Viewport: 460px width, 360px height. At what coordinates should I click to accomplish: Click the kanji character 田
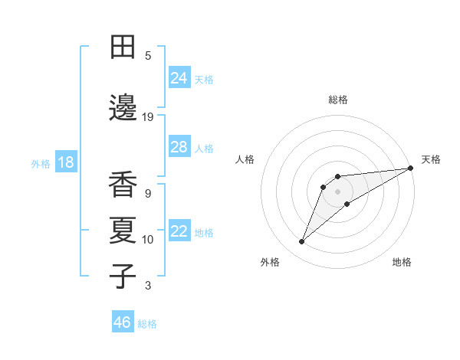[x=123, y=47]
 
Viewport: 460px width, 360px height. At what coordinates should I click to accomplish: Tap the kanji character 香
[x=123, y=184]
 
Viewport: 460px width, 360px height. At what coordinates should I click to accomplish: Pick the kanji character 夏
[x=123, y=230]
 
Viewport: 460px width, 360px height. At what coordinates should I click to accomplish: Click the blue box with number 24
[x=179, y=77]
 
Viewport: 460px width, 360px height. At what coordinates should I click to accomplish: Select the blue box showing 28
[x=179, y=147]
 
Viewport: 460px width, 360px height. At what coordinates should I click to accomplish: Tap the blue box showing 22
[x=179, y=232]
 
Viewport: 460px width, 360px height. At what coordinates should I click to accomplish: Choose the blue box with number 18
[x=65, y=163]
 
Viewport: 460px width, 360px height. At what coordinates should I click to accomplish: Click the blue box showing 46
[x=123, y=322]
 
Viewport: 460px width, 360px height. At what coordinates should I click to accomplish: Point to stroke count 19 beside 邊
[x=148, y=116]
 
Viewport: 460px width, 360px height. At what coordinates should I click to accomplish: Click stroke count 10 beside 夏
[x=148, y=240]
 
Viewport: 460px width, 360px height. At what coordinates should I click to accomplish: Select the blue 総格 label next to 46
[x=147, y=324]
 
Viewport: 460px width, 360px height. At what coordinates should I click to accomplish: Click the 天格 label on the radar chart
[x=431, y=159]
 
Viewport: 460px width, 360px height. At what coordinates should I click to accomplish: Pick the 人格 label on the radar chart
[x=245, y=159]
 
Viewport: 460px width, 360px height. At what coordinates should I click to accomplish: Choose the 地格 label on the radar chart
[x=402, y=262]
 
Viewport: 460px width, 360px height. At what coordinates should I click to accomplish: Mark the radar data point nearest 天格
[x=410, y=168]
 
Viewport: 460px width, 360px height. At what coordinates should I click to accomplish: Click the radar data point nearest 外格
[x=302, y=242]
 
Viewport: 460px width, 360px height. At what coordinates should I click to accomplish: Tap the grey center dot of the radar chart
[x=337, y=191]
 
